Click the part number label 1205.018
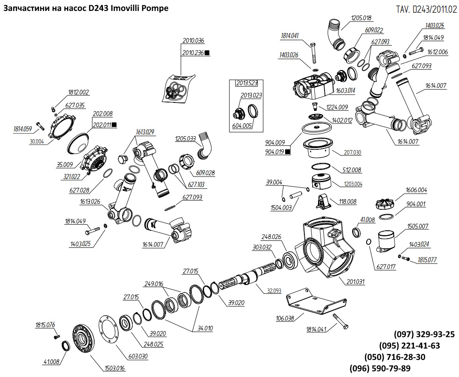(361, 18)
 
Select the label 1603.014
(346, 90)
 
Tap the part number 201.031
(355, 282)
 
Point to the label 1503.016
(114, 368)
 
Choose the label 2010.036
(194, 41)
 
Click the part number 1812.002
(78, 92)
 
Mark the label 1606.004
(416, 190)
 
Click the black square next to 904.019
(288, 152)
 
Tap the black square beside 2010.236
(208, 53)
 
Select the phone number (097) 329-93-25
(424, 335)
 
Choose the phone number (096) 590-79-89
(380, 368)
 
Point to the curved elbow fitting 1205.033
(204, 144)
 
